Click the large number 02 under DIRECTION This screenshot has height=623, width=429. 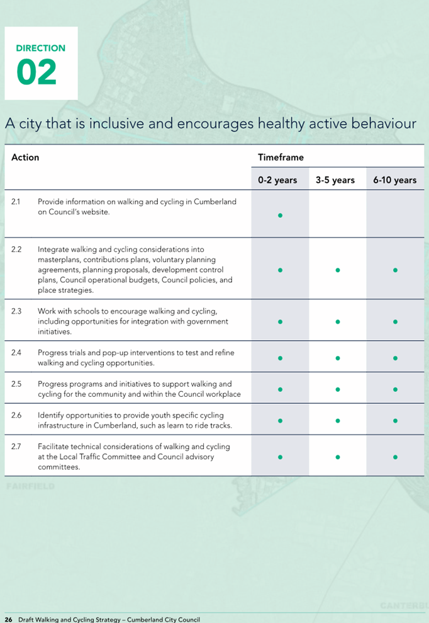point(36,72)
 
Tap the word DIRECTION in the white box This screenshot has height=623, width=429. point(40,48)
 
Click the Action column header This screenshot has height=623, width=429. point(25,157)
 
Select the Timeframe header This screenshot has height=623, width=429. point(281,157)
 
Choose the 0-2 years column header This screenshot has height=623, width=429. point(277,180)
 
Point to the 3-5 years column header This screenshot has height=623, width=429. point(335,180)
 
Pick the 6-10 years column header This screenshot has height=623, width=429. point(395,180)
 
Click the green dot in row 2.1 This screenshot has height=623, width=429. point(280,215)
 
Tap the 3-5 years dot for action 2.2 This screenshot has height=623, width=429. point(338,270)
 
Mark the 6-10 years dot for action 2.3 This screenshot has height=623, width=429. point(395,322)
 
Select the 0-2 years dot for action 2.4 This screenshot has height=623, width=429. point(280,358)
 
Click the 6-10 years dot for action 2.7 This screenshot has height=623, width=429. point(395,457)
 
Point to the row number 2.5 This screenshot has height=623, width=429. point(16,384)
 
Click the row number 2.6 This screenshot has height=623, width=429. point(16,415)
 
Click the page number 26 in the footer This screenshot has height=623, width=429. point(9,619)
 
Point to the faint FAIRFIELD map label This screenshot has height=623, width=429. point(31,486)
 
